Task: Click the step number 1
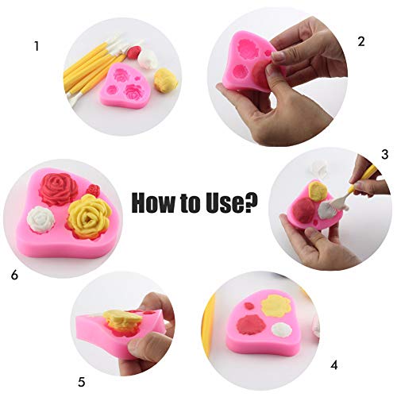(37, 47)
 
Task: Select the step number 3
(385, 154)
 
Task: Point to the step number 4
(334, 365)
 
